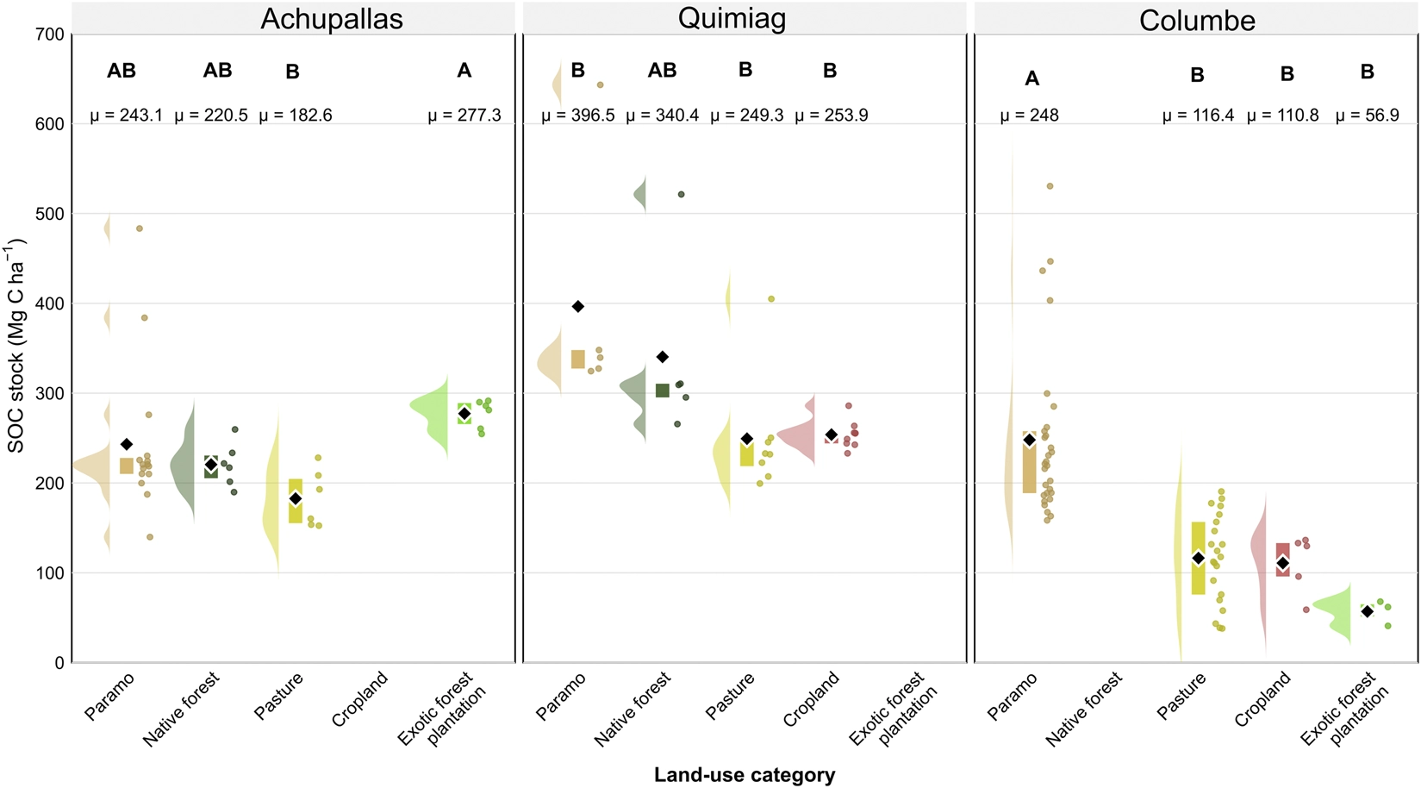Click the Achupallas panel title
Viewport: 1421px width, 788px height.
tap(332, 19)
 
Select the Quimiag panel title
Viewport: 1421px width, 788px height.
tap(732, 19)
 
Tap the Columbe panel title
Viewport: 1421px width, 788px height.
tap(1197, 21)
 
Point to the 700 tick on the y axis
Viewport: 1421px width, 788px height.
tap(49, 34)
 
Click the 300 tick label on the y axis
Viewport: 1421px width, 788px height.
tap(49, 393)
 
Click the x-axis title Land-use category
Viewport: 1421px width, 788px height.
tap(745, 775)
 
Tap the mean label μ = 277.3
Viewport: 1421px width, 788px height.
tap(464, 115)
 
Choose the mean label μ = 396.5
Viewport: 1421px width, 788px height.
tap(578, 115)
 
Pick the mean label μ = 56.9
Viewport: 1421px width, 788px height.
tap(1367, 115)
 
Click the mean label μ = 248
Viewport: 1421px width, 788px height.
tap(1029, 115)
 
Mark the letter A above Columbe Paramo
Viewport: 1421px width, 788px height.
tap(1032, 78)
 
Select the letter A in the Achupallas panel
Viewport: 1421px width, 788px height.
tap(464, 71)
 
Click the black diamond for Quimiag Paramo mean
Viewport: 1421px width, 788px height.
tap(578, 306)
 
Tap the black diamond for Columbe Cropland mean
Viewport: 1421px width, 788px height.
tap(1283, 563)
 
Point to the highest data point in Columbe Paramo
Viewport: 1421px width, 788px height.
tap(1050, 186)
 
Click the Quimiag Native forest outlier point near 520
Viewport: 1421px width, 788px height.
tap(682, 194)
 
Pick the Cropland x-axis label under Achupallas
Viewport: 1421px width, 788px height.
tap(359, 699)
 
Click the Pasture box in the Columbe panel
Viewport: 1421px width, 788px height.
tap(1198, 559)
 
